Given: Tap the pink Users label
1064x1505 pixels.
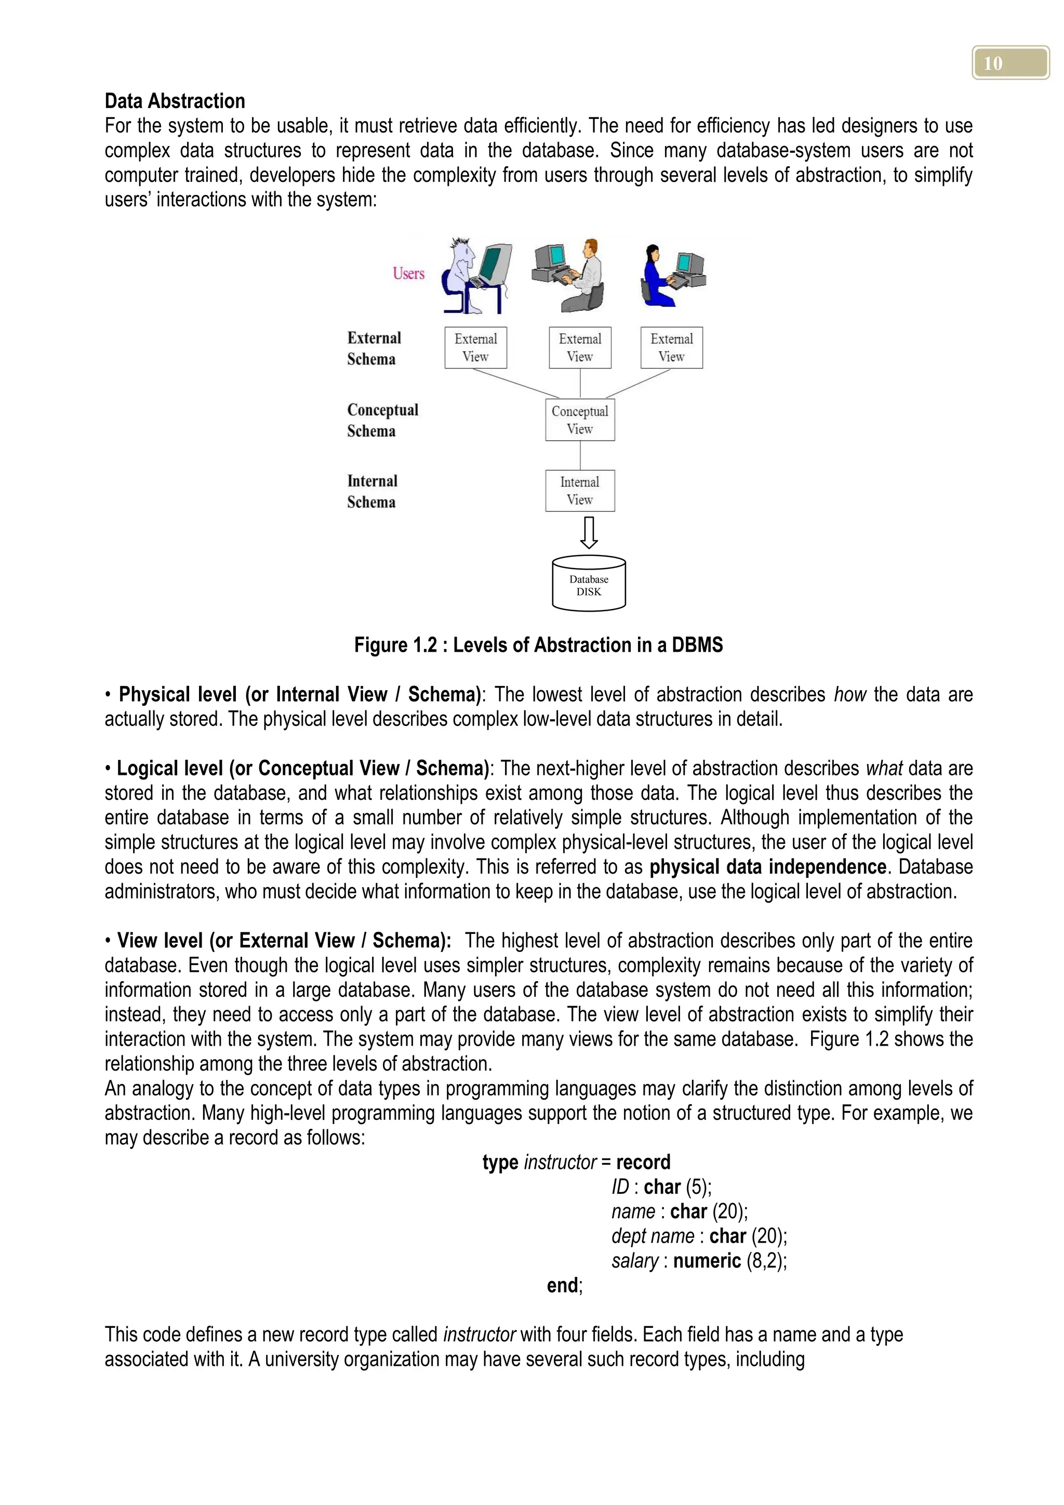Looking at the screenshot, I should coord(409,273).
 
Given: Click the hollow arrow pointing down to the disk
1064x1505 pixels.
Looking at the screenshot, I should coord(589,532).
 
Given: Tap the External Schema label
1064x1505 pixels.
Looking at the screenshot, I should coord(374,349).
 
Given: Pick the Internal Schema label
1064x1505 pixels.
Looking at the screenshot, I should coord(372,492).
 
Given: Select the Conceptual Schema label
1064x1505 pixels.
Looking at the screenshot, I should coord(382,420).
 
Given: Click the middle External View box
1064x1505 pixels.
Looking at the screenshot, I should coord(580,348).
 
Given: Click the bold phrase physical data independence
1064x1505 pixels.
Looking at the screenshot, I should coord(768,866).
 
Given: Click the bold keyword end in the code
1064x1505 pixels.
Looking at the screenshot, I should coord(562,1285).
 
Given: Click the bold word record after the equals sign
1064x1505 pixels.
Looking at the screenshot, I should coord(643,1162).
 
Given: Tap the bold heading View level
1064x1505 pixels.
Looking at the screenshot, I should coord(159,941).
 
